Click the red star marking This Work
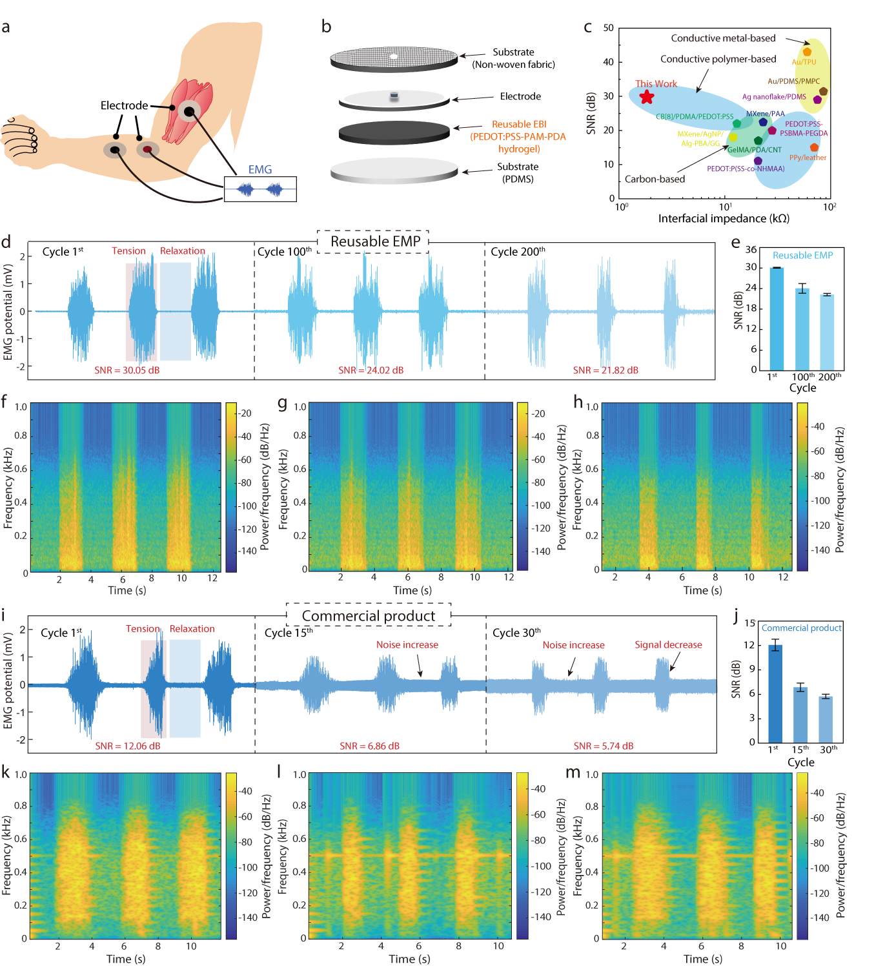click(x=647, y=97)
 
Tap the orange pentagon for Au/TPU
click(x=807, y=52)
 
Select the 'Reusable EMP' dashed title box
click(x=373, y=241)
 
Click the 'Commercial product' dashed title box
click(x=368, y=616)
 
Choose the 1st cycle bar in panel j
click(x=775, y=694)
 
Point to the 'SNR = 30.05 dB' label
click(x=127, y=370)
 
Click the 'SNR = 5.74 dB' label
click(x=604, y=746)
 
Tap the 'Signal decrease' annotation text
click(x=668, y=644)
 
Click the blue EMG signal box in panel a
click(x=260, y=189)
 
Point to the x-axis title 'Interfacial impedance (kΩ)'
click(x=724, y=218)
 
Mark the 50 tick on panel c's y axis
click(x=609, y=28)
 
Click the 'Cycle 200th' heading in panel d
click(x=518, y=252)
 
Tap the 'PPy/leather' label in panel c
click(x=808, y=158)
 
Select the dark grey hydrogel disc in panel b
click(x=394, y=132)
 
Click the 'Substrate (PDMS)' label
click(x=518, y=172)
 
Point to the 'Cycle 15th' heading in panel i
click(x=289, y=633)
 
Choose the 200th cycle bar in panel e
click(x=827, y=331)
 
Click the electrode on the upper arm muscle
click(x=189, y=112)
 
